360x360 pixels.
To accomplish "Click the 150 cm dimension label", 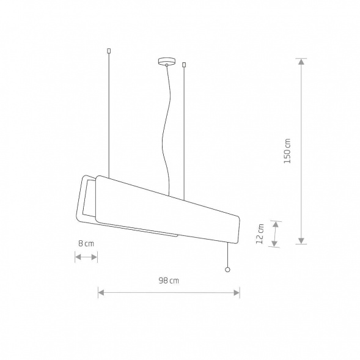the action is point(287,151).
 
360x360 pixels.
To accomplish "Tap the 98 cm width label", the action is point(169,281).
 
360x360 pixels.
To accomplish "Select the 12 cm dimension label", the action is point(260,233).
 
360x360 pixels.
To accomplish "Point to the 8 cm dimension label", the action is point(86,243).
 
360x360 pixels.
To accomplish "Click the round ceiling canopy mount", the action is point(167,61).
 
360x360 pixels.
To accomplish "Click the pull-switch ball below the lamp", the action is point(227,270).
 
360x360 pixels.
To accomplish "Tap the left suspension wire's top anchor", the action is point(109,51).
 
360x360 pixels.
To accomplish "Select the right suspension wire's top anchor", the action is point(184,65).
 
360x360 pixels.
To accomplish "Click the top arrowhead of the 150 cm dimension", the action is point(301,62).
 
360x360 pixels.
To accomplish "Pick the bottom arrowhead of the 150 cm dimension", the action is point(301,240).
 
